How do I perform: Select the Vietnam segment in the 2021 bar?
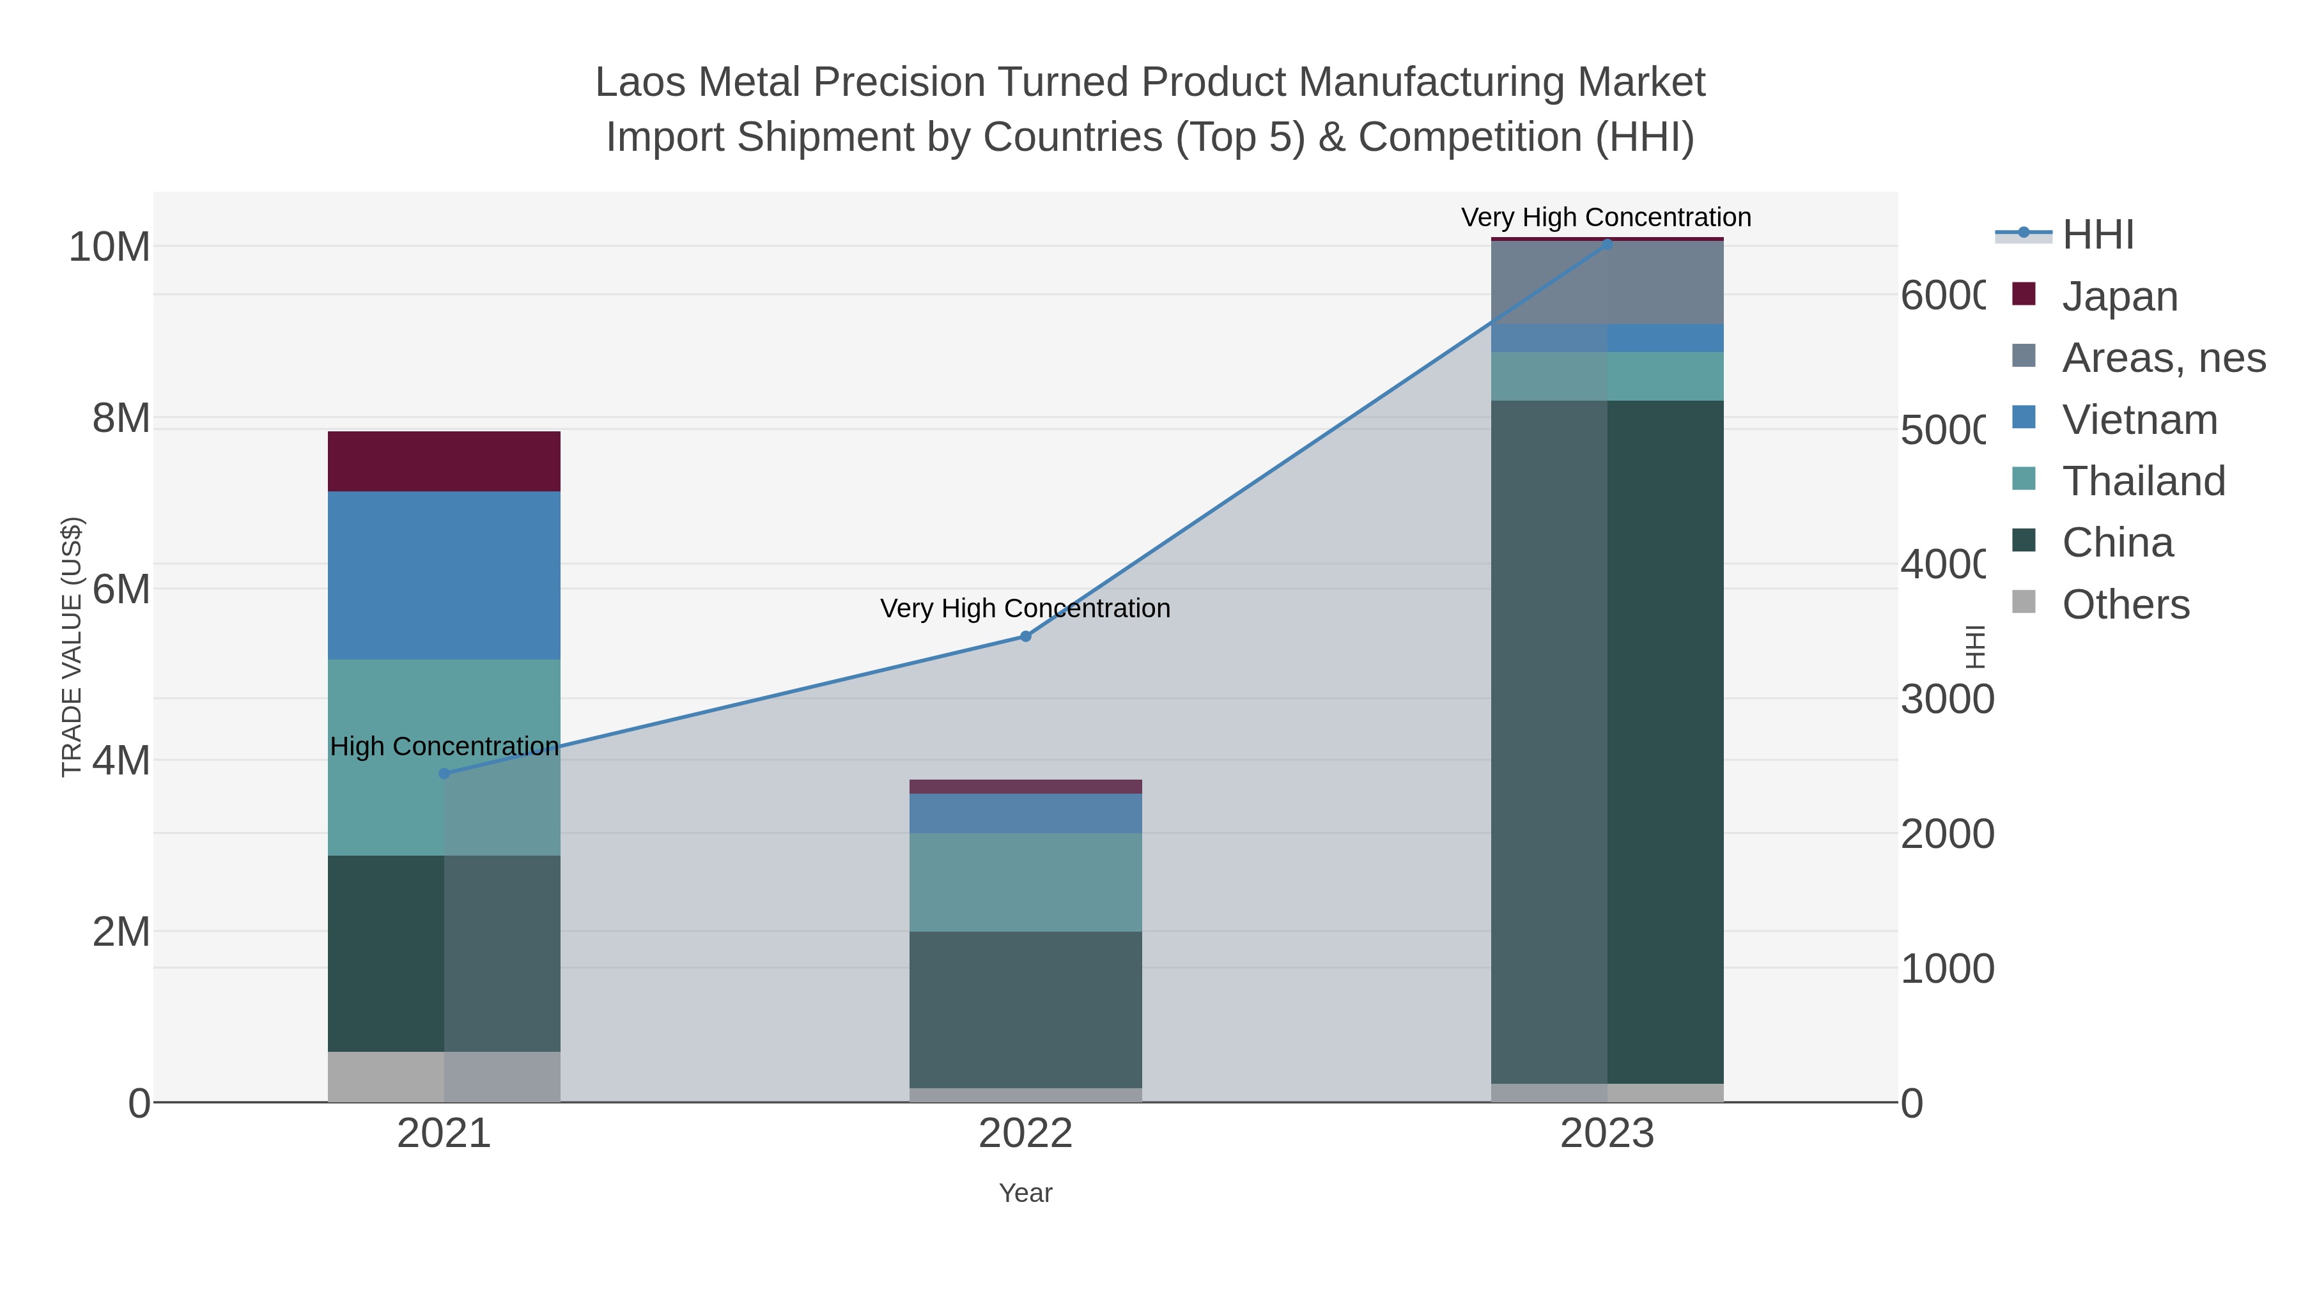(x=444, y=575)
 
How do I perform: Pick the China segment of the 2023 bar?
(x=1607, y=741)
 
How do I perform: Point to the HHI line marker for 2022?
(x=1025, y=636)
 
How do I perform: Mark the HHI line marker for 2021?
(x=444, y=773)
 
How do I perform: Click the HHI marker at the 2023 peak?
(x=1607, y=244)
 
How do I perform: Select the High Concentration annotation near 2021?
(x=444, y=746)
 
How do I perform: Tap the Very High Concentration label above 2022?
(x=1025, y=608)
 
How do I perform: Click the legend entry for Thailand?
(x=2143, y=481)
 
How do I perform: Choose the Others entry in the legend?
(x=2125, y=605)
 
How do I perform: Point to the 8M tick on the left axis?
(x=121, y=418)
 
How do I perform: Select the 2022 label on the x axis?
(x=1025, y=1133)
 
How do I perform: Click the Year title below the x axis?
(x=1025, y=1193)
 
